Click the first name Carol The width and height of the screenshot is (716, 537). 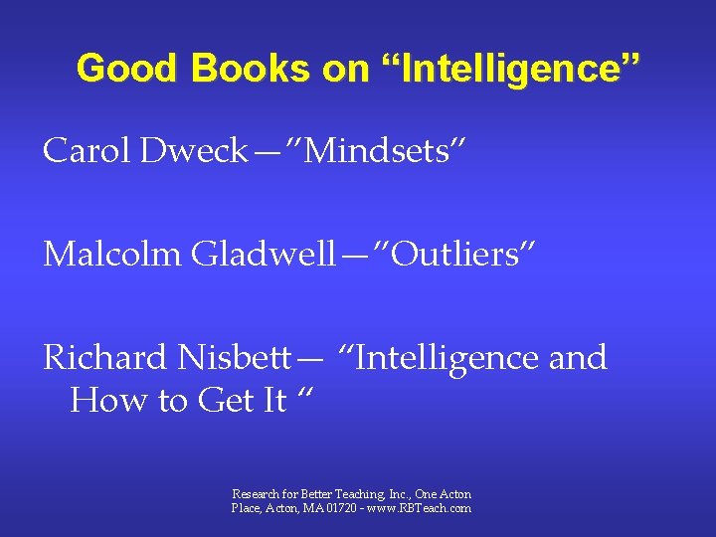pyautogui.click(x=87, y=151)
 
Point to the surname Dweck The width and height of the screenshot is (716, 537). pyautogui.click(x=194, y=151)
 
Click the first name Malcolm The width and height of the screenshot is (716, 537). pyautogui.click(x=112, y=255)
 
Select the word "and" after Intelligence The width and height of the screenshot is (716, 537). pyautogui.click(x=578, y=357)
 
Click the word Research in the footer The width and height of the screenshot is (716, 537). pyautogui.click(x=254, y=494)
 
